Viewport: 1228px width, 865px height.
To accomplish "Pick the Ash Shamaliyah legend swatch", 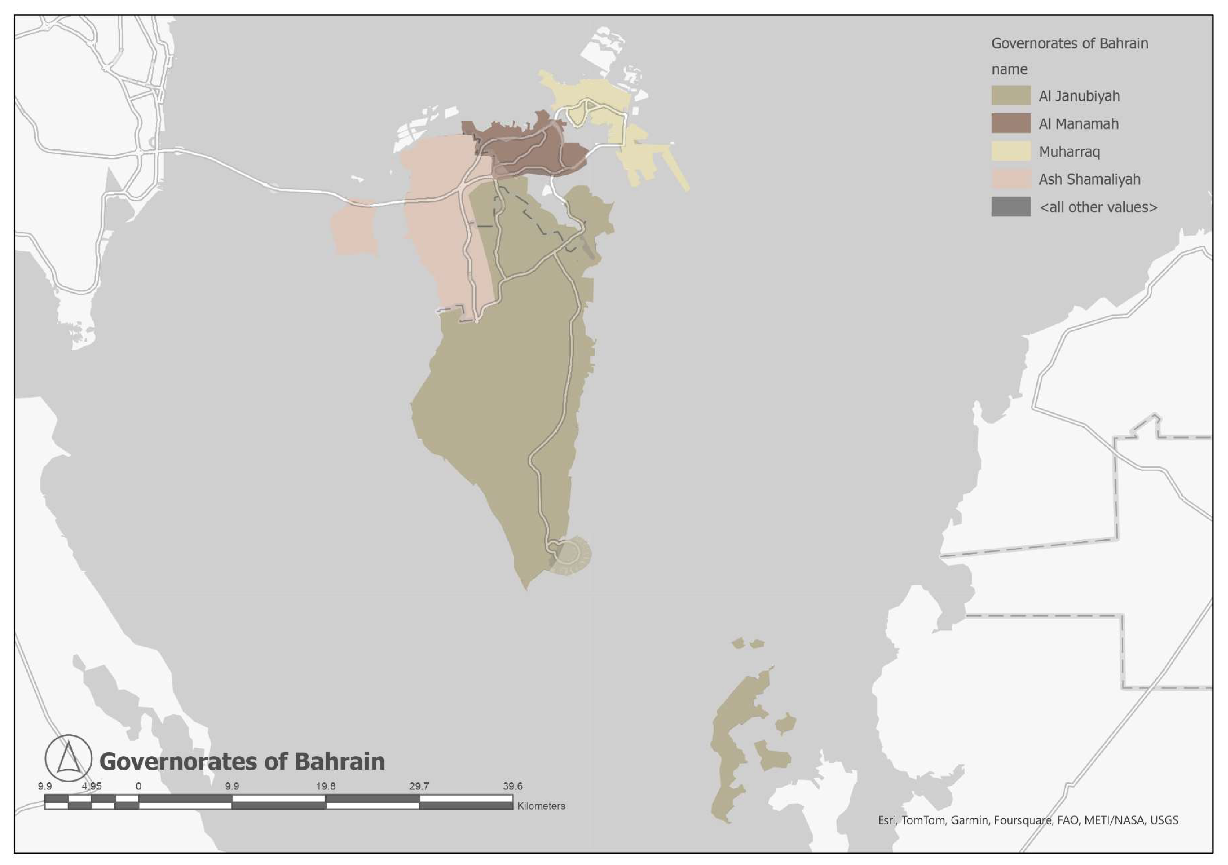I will click(1010, 179).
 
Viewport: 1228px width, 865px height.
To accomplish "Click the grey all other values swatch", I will click(1010, 207).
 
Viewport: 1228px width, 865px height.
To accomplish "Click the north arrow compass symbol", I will click(69, 757).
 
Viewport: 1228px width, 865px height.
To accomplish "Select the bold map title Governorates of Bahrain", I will click(242, 761).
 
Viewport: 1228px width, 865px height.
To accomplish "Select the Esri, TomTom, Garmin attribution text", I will click(1027, 820).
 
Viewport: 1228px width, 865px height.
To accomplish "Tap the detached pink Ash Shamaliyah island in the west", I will click(354, 227).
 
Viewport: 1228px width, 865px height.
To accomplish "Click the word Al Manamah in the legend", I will click(1078, 124).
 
